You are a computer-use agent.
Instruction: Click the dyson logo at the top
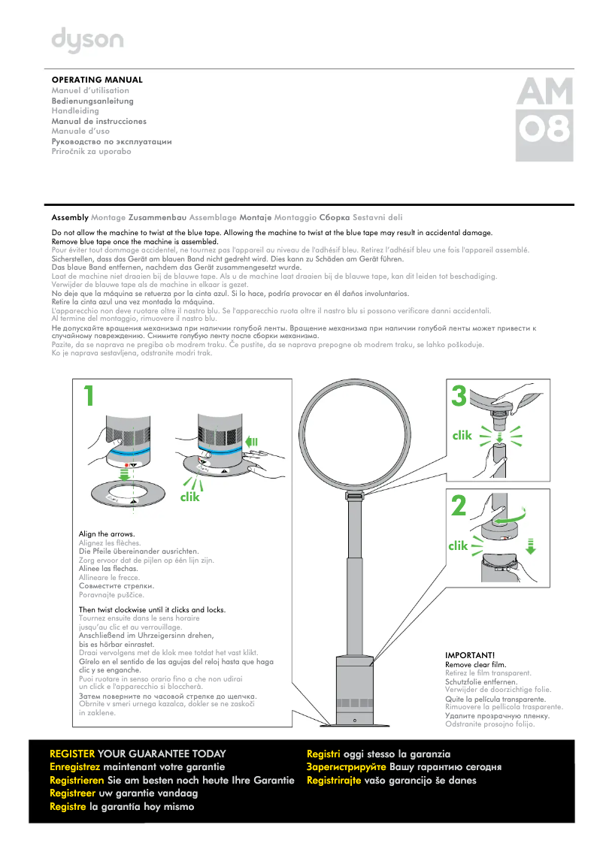[x=87, y=41]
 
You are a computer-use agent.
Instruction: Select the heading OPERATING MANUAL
[x=97, y=80]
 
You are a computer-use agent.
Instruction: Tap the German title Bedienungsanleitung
[x=92, y=101]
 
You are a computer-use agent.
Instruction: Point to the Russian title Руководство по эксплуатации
[x=111, y=141]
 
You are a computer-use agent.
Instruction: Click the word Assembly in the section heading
[x=70, y=217]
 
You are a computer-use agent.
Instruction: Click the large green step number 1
[x=89, y=396]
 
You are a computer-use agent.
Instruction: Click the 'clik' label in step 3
[x=462, y=435]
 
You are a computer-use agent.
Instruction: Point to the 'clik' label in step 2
[x=458, y=546]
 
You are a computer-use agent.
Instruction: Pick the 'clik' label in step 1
[x=192, y=497]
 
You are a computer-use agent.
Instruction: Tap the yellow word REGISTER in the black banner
[x=72, y=754]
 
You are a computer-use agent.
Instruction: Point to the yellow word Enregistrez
[x=74, y=767]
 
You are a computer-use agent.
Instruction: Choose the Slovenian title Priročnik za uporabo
[x=91, y=152]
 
